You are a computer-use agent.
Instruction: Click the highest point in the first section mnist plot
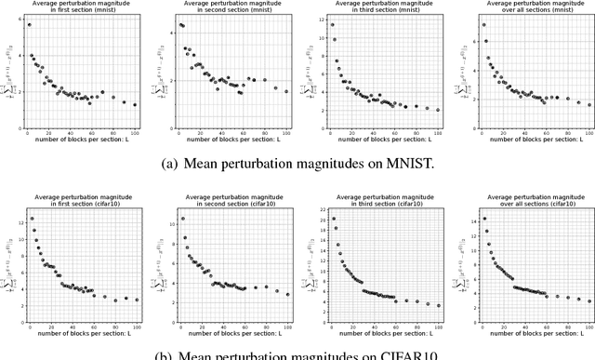[x=29, y=25]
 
